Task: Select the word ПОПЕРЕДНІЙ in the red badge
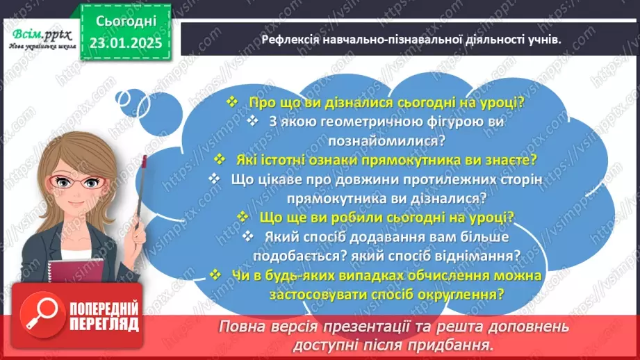coord(103,306)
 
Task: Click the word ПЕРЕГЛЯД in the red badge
coord(103,323)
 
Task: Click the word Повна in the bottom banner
coord(240,326)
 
